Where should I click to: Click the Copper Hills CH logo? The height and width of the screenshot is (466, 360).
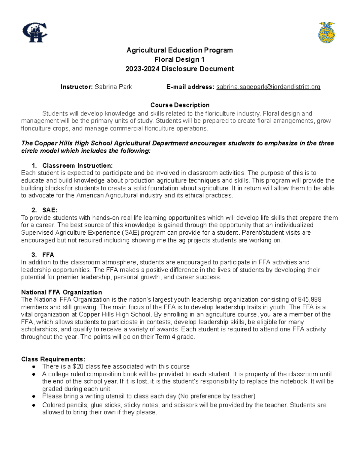(35, 32)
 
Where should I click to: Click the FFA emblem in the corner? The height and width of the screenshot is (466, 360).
(326, 32)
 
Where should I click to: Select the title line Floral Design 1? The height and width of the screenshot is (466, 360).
(179, 59)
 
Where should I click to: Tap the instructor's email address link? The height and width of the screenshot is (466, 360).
(268, 87)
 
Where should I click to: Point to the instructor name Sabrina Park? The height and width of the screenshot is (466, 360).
(113, 87)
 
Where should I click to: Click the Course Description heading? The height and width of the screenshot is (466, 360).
(180, 105)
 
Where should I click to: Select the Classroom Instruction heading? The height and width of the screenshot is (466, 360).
(77, 166)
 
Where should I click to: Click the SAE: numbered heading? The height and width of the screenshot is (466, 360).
(49, 210)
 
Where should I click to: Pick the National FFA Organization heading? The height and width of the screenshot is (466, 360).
(61, 292)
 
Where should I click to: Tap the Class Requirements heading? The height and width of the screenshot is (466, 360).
(53, 359)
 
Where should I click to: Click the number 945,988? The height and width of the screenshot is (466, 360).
(310, 300)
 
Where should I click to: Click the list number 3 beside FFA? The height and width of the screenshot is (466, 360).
(34, 255)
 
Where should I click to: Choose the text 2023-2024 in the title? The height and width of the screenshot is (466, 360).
(142, 69)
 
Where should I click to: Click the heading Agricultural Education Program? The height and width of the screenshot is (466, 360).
(179, 50)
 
